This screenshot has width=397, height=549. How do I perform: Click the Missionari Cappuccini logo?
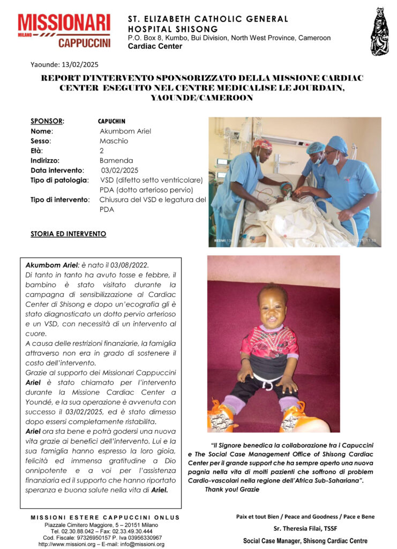pyautogui.click(x=64, y=31)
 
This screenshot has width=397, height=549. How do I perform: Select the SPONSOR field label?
pyautogui.click(x=47, y=121)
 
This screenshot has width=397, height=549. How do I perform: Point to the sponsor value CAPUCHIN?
pyautogui.click(x=112, y=121)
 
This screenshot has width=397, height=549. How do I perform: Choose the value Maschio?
pyautogui.click(x=114, y=140)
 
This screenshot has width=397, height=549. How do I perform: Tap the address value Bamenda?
pyautogui.click(x=116, y=160)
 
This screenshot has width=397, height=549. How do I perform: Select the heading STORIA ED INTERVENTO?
pyautogui.click(x=68, y=234)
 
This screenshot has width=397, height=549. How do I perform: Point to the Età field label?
pyautogui.click(x=37, y=151)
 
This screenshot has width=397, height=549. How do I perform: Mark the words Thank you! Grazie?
pyautogui.click(x=231, y=489)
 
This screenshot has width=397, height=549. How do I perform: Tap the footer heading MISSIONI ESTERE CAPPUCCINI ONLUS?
pyautogui.click(x=105, y=517)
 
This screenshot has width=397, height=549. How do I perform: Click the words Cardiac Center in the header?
pyautogui.click(x=155, y=46)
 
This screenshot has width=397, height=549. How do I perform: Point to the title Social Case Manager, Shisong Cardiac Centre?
pyautogui.click(x=305, y=541)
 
